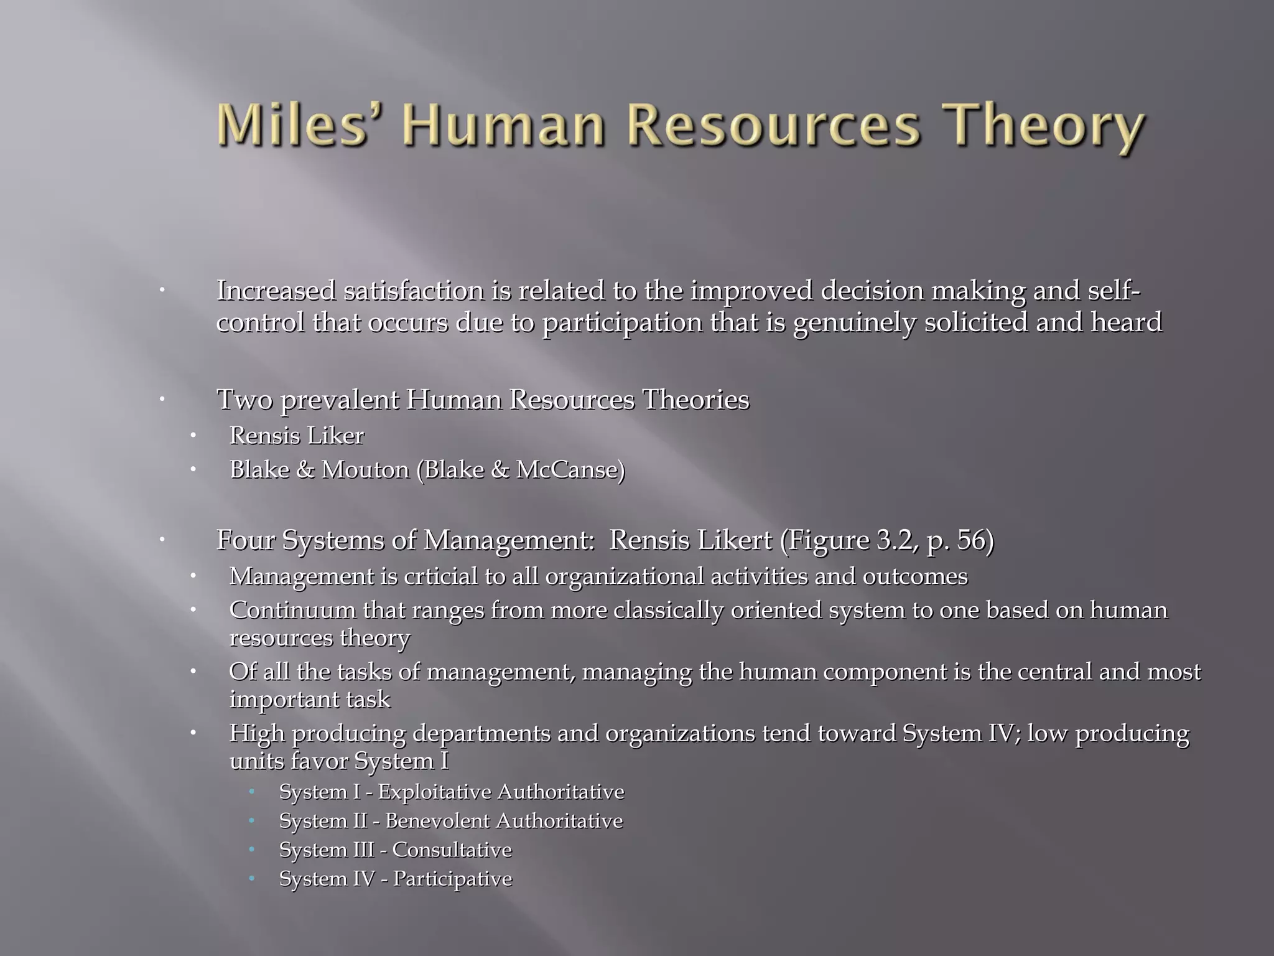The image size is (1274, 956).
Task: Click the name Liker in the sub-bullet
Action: tap(340, 436)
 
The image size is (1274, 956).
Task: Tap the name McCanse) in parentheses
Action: tap(570, 469)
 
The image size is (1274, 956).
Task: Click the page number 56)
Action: tap(975, 540)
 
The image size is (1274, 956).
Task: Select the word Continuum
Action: tap(292, 610)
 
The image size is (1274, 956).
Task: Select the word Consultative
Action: tap(452, 850)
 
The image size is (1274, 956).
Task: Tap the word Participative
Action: tap(452, 879)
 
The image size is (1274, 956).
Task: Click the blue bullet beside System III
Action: tap(252, 850)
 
